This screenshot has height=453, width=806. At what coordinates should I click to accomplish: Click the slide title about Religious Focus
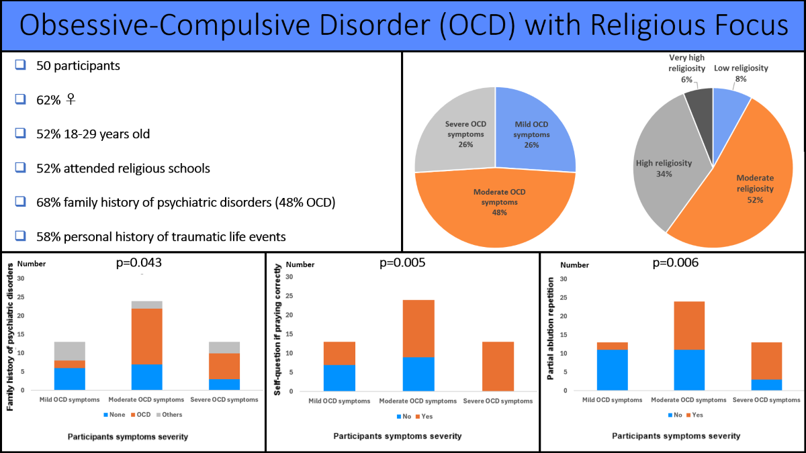[403, 26]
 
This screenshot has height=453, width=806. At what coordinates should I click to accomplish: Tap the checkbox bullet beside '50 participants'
[20, 66]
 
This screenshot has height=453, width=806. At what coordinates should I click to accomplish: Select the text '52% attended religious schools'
[123, 168]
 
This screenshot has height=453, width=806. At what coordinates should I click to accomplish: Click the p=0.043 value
[140, 263]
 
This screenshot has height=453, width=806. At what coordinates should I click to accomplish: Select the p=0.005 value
[402, 263]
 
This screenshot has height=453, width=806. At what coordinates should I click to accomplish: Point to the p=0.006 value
[675, 263]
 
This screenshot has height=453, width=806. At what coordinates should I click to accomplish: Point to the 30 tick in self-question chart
[289, 277]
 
